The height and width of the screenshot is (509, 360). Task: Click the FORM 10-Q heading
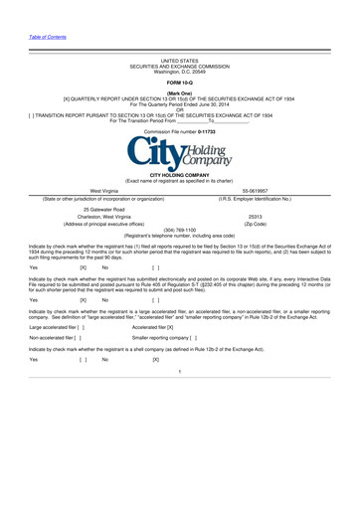[x=179, y=82]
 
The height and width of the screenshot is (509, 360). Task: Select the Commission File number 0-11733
[x=179, y=131]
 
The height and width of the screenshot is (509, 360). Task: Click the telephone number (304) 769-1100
[x=179, y=256]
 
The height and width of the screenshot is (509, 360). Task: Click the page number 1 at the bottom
[x=179, y=426]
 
